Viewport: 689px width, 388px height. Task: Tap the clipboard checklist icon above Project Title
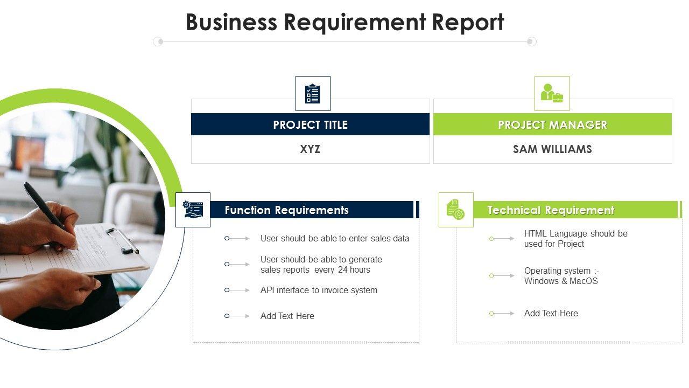click(x=313, y=94)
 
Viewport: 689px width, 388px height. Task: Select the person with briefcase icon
click(x=552, y=94)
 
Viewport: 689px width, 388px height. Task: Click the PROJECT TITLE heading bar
click(x=310, y=124)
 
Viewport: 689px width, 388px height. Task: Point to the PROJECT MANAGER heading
click(x=552, y=124)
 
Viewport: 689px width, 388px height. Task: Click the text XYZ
click(x=310, y=149)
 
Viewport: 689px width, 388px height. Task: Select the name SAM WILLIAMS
click(x=552, y=149)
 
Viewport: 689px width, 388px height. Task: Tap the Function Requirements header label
click(x=286, y=210)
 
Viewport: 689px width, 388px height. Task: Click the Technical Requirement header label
click(x=551, y=210)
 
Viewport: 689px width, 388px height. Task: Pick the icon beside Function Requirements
click(x=193, y=210)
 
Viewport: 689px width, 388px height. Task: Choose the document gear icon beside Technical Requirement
click(x=456, y=210)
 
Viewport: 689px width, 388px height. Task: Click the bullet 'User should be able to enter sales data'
click(x=335, y=238)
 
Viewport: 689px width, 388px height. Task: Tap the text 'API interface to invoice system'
click(x=319, y=290)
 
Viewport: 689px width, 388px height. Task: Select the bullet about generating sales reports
click(x=321, y=265)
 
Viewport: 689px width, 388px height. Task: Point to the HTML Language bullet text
click(x=575, y=239)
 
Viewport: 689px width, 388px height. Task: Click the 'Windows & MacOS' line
click(x=561, y=281)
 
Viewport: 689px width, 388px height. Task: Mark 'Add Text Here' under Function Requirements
click(x=287, y=316)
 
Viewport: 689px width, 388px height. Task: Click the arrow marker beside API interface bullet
click(x=237, y=290)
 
